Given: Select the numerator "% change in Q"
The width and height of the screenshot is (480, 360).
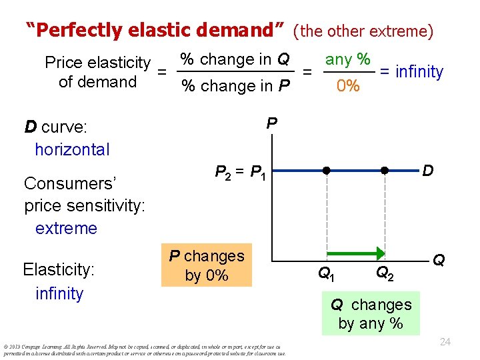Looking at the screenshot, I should (235, 59).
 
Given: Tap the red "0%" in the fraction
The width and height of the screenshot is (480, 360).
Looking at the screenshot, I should (347, 87).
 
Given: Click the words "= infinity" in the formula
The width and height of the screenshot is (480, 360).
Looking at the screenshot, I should (411, 71).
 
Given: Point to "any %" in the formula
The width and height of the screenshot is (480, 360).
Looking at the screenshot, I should (347, 59).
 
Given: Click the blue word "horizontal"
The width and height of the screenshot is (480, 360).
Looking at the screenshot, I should (72, 149).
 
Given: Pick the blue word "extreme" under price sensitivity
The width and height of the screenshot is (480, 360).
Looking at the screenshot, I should (66, 228).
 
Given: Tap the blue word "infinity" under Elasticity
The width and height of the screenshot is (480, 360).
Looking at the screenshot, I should (59, 293).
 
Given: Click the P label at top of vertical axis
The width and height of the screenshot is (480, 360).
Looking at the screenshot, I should (271, 123).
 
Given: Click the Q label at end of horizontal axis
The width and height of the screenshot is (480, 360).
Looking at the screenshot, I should (439, 260).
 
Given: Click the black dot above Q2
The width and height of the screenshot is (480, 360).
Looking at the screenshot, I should (385, 171).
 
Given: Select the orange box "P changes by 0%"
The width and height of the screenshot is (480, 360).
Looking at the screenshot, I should (207, 266).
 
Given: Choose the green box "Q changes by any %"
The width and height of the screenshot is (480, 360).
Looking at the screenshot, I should (371, 314).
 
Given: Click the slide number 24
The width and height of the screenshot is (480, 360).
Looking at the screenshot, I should (445, 342).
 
